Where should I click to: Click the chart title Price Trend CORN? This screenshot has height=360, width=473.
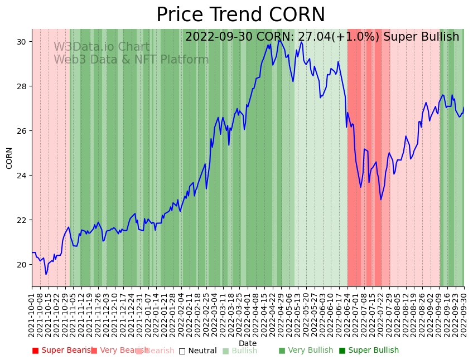[240, 15]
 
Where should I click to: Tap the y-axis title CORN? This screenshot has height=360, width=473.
[9, 158]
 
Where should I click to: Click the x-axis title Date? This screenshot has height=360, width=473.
[248, 343]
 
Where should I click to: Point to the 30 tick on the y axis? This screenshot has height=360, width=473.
[23, 42]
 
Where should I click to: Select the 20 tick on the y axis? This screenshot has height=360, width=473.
[23, 265]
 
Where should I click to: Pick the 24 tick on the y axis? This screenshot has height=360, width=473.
[23, 176]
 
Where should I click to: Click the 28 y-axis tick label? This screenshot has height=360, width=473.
[23, 86]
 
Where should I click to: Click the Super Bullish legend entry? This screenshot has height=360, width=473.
[369, 351]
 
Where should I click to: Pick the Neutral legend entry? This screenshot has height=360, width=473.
[197, 351]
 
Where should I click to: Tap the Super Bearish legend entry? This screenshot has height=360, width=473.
[62, 351]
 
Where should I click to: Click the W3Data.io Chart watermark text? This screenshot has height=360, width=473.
[102, 47]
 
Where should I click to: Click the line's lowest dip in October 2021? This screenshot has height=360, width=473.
[46, 274]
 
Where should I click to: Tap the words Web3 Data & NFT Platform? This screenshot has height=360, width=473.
[131, 60]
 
